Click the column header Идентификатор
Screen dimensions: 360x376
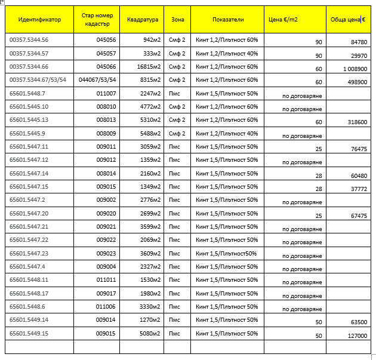(39, 20)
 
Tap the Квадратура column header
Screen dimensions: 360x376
(143, 20)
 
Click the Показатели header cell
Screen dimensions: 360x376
(227, 20)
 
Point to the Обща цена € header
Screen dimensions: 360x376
(348, 20)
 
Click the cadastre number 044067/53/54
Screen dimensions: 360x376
(97, 80)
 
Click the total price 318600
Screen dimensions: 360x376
(357, 122)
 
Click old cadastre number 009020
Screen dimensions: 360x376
(106, 214)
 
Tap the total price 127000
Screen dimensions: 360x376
(357, 336)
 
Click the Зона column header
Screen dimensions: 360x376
(178, 20)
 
